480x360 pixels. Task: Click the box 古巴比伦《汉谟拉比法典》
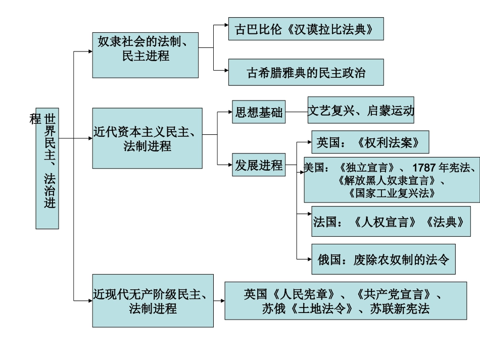point(306,29)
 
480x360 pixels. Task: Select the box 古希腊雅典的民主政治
point(306,72)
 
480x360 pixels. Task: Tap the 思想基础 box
point(259,112)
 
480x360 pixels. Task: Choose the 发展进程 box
point(259,166)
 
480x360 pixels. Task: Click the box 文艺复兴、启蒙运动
point(361,111)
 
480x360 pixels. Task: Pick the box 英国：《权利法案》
point(370,142)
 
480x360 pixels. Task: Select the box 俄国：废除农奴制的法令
point(383,260)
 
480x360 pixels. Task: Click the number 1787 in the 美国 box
point(423,168)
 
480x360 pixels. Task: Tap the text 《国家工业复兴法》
point(392,193)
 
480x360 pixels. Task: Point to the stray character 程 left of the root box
point(35,119)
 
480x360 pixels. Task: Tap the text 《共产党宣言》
point(396,294)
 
